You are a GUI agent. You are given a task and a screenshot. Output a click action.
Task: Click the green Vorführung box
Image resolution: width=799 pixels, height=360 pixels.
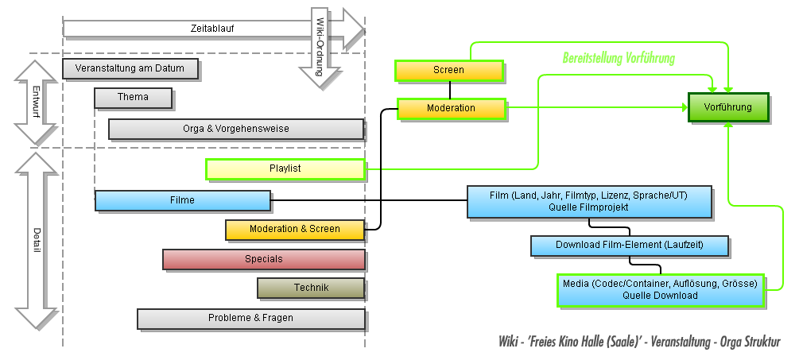tap(728, 107)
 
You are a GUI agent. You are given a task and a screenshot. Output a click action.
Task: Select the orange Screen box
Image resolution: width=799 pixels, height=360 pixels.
tap(449, 71)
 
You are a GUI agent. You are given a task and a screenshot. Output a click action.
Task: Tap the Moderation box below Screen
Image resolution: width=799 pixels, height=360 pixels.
tap(451, 108)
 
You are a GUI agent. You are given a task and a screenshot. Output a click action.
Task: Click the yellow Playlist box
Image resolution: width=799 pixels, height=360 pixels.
tap(285, 168)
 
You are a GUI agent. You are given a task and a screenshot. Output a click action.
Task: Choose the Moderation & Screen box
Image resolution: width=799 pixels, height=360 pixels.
tap(294, 229)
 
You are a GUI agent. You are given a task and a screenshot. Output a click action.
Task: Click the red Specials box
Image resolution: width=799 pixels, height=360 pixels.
tap(264, 259)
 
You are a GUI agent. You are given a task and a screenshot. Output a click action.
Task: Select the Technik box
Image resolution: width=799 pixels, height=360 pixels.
tap(311, 288)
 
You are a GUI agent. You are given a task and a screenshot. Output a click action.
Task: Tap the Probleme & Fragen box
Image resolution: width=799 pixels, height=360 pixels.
tap(250, 318)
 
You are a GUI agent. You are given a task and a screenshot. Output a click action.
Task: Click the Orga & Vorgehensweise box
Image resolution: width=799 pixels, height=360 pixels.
tap(236, 129)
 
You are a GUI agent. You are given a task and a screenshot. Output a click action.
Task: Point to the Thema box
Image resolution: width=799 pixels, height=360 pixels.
tap(133, 98)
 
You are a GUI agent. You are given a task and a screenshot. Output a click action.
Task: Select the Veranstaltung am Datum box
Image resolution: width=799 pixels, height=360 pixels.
tap(130, 68)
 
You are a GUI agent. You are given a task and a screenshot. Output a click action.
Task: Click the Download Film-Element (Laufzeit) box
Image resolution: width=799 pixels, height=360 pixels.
tap(630, 245)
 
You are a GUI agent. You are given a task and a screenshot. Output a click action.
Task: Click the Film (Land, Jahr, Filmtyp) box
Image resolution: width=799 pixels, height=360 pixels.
tap(589, 201)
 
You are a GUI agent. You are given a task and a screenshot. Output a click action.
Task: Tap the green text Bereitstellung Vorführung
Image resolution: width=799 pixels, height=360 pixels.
tap(619, 58)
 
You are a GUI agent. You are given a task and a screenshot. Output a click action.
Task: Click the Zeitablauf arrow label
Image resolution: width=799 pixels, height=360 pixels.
tap(212, 29)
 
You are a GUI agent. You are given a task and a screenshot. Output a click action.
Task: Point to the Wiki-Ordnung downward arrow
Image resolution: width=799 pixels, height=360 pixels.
tap(319, 48)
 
